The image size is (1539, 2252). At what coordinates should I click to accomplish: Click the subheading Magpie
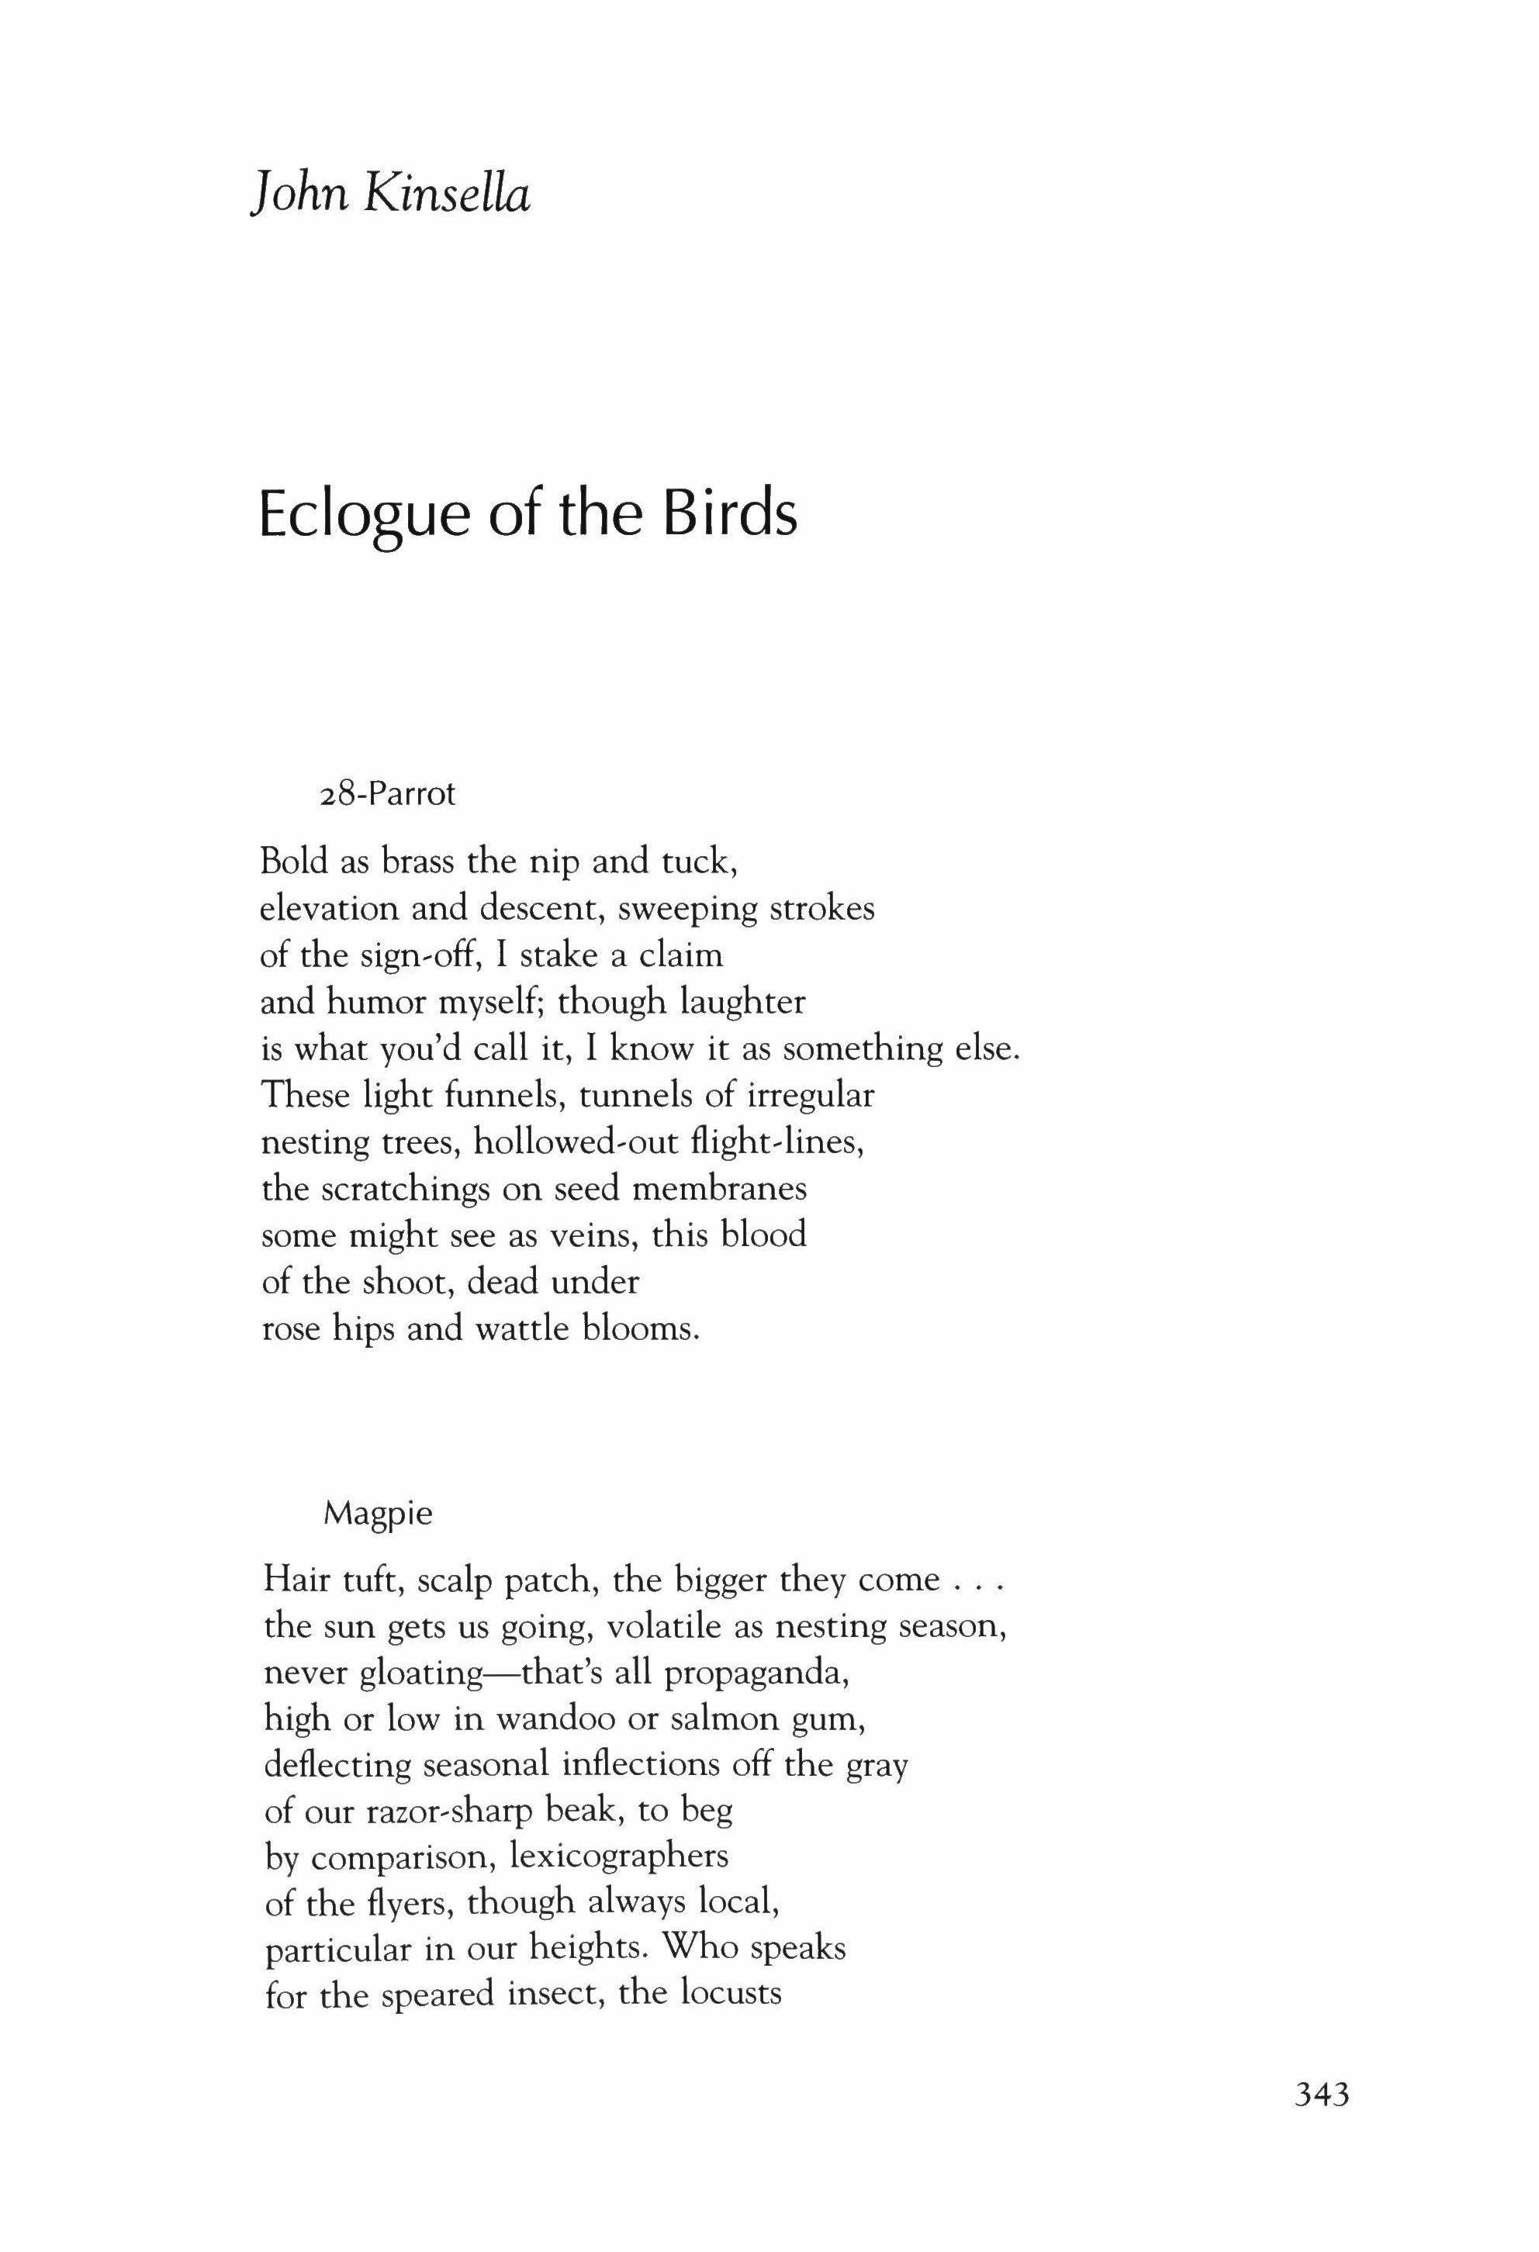click(378, 1513)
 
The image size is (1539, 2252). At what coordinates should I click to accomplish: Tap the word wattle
click(524, 1328)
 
